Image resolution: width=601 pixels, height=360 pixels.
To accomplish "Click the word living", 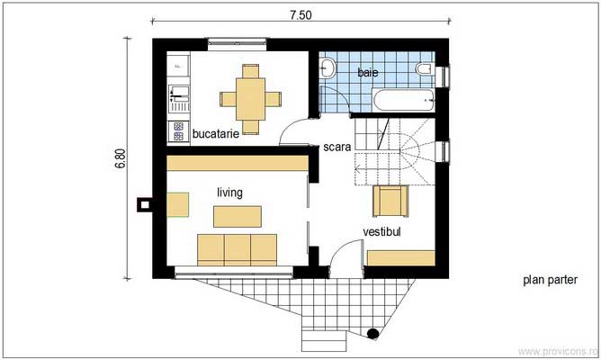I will pyautogui.click(x=230, y=193).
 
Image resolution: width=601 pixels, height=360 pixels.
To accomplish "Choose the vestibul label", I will pyautogui.click(x=381, y=232).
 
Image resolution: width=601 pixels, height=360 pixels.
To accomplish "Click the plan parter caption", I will pyautogui.click(x=550, y=281).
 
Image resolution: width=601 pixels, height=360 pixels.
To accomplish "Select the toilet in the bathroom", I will pyautogui.click(x=424, y=68).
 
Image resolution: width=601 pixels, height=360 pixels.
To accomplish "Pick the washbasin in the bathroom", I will pyautogui.click(x=328, y=67).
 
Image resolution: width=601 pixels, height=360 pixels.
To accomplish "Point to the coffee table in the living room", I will pyautogui.click(x=238, y=216).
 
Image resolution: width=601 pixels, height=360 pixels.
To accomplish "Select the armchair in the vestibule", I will pyautogui.click(x=389, y=202).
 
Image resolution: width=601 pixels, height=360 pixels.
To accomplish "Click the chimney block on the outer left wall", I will pyautogui.click(x=142, y=204).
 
